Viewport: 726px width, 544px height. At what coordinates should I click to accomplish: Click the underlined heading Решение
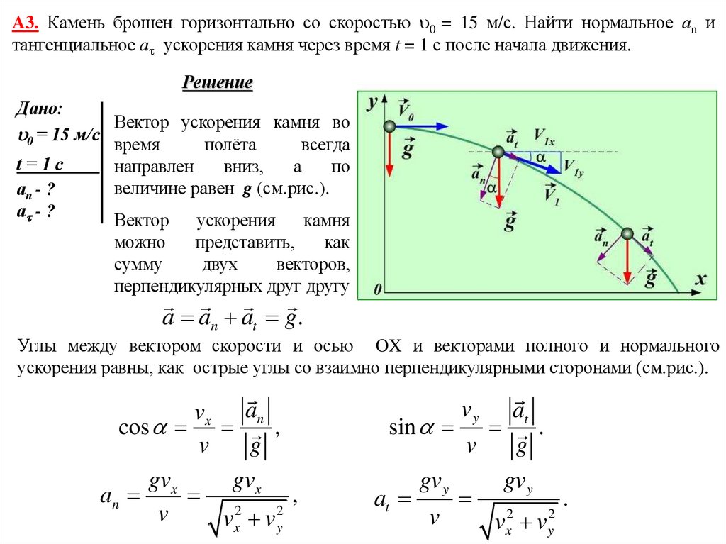pyautogui.click(x=218, y=83)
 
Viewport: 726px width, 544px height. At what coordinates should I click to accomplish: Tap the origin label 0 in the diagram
pyautogui.click(x=378, y=289)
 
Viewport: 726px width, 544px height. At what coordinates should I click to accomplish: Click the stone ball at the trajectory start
pyautogui.click(x=389, y=126)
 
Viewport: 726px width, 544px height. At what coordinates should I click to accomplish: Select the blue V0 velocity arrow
pyautogui.click(x=421, y=126)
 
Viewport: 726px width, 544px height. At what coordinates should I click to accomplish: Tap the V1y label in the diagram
pyautogui.click(x=573, y=167)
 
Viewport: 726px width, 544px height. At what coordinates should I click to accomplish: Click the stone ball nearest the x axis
pyautogui.click(x=627, y=233)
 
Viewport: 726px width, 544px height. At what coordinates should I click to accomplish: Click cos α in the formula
pyautogui.click(x=144, y=428)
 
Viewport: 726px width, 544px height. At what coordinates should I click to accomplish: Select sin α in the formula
pyautogui.click(x=413, y=428)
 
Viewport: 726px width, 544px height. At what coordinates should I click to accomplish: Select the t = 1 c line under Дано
pyautogui.click(x=40, y=165)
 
